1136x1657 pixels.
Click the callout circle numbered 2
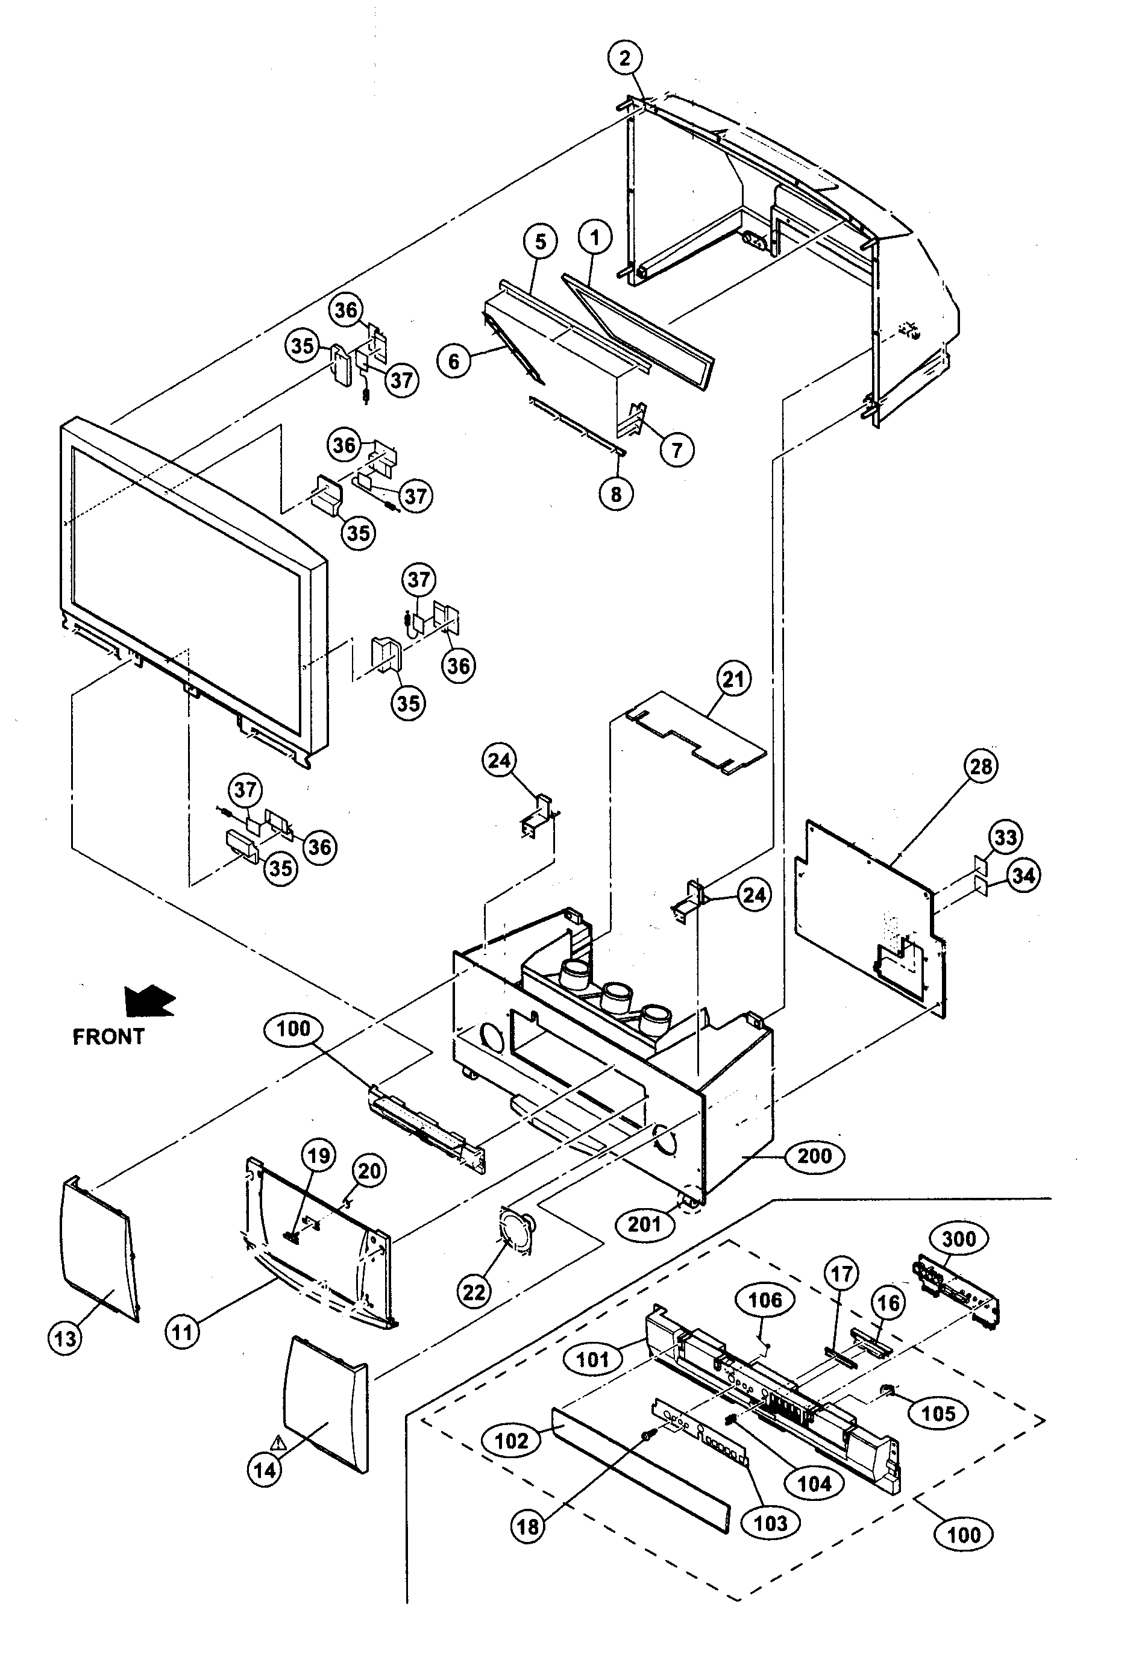click(625, 58)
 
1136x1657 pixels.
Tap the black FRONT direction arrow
click(148, 1001)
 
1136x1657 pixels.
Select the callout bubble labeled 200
click(814, 1156)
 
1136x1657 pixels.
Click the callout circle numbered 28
click(981, 766)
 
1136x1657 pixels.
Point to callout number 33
click(1005, 836)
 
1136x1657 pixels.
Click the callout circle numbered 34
click(1023, 875)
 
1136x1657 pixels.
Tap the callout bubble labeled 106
click(765, 1300)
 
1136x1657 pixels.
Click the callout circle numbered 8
click(616, 494)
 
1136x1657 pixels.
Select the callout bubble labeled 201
click(645, 1224)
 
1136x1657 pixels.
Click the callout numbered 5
click(541, 242)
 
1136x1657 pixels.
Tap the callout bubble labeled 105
click(938, 1413)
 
